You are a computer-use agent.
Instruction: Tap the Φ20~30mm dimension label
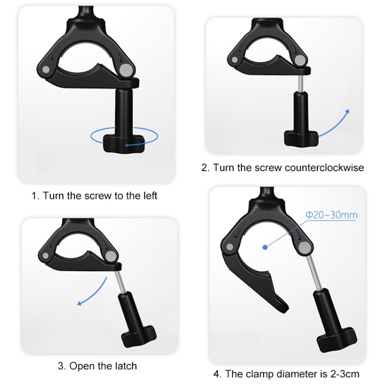pyautogui.click(x=331, y=215)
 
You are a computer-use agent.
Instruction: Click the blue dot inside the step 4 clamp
pyautogui.click(x=265, y=247)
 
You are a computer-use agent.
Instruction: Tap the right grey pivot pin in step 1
pyautogui.click(x=125, y=69)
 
